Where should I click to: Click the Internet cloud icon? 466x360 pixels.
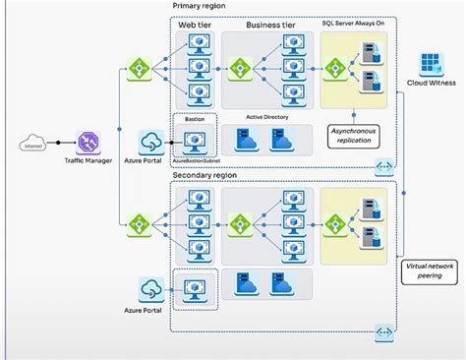30,147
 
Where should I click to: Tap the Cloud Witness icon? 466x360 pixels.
432,65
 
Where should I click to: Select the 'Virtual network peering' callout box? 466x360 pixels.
429,271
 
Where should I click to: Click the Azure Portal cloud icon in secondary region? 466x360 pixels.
152,289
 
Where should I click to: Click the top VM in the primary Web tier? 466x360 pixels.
200,44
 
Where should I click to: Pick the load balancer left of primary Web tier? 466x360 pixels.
138,70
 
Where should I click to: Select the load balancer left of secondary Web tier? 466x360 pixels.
138,224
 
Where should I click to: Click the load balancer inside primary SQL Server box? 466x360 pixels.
336,69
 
